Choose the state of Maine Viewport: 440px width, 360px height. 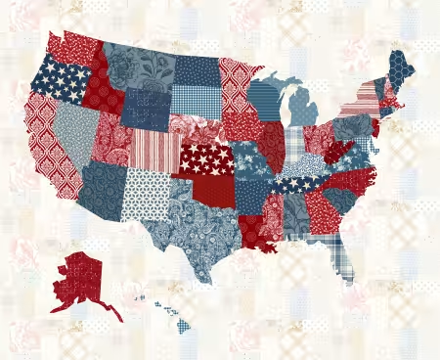(x=399, y=68)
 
